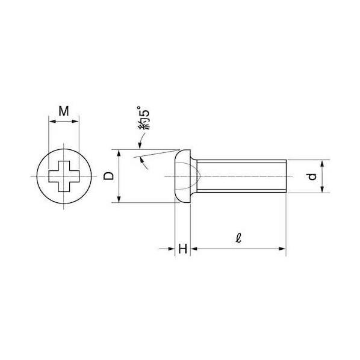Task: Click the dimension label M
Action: coord(64,111)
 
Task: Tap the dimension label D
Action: coord(108,176)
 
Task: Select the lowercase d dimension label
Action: coord(312,176)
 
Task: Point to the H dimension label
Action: coord(183,249)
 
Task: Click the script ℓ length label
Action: coord(238,238)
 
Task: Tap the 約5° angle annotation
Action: coord(144,117)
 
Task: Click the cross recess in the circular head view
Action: coord(64,176)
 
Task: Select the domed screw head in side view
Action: coord(182,176)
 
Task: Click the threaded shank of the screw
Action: coord(241,176)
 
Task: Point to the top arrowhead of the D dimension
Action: coord(119,153)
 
